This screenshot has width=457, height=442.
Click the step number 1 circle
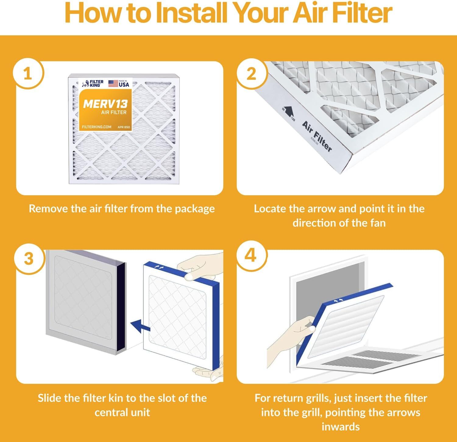point(28,74)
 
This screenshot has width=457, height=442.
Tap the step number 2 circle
point(251,74)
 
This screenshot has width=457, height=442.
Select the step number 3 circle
point(28,259)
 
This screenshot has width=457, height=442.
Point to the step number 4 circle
point(250,256)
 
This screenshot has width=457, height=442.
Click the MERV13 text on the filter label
point(105,104)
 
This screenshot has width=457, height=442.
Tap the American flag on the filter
point(113,83)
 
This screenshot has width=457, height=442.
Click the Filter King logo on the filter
point(93,83)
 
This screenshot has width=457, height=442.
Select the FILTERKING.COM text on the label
point(97,127)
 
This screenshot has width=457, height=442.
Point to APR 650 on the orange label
point(123,127)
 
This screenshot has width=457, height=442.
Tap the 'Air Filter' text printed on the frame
point(317,136)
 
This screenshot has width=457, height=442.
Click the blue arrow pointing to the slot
point(140,326)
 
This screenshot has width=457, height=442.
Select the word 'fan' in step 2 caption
point(378,223)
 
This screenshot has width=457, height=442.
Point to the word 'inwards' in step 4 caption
point(340,426)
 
